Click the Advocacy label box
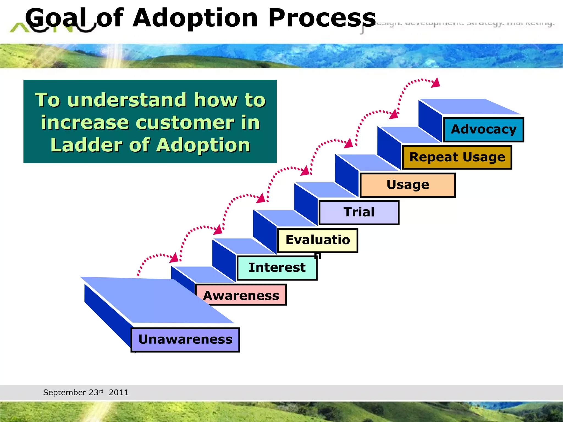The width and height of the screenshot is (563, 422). [484, 130]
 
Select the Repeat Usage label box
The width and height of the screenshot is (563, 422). [457, 157]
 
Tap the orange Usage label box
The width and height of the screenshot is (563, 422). [408, 185]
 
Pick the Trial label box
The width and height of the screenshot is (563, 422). [359, 212]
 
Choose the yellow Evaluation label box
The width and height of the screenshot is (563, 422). [318, 240]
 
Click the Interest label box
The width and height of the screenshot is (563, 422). [277, 268]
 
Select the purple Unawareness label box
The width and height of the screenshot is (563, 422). [185, 340]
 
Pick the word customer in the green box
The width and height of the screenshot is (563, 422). [184, 123]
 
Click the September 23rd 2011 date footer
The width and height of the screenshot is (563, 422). [85, 392]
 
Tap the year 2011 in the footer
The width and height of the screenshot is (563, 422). [118, 393]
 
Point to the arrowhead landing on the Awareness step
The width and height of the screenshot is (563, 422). [174, 258]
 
